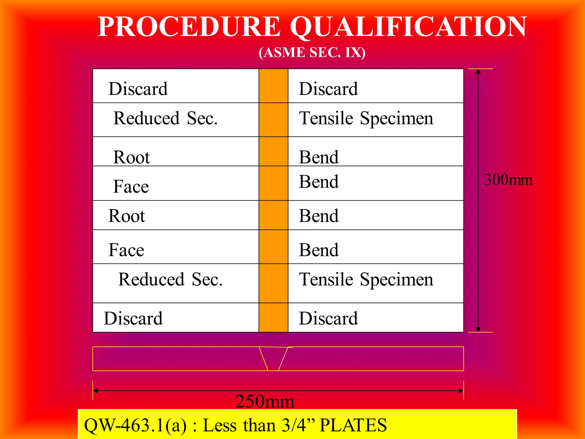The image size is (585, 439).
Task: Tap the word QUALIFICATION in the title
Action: [408, 27]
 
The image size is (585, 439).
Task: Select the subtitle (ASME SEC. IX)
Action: [312, 53]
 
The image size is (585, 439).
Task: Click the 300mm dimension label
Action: [508, 180]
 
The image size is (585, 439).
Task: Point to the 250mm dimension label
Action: [265, 401]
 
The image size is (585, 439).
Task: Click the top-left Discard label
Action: [138, 89]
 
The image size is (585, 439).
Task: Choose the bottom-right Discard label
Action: [328, 318]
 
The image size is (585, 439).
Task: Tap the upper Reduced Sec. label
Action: [165, 118]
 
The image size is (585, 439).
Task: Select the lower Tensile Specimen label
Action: [366, 279]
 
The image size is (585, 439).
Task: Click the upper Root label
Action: [131, 157]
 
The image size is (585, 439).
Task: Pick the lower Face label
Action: [126, 250]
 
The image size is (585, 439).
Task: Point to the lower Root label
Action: [127, 216]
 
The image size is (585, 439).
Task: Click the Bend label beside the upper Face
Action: [319, 182]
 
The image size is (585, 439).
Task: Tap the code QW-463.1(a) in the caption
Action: [135, 425]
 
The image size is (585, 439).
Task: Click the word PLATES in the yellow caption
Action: [353, 425]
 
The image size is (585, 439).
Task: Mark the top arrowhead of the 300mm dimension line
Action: [478, 71]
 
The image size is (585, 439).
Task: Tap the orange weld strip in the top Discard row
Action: [273, 86]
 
